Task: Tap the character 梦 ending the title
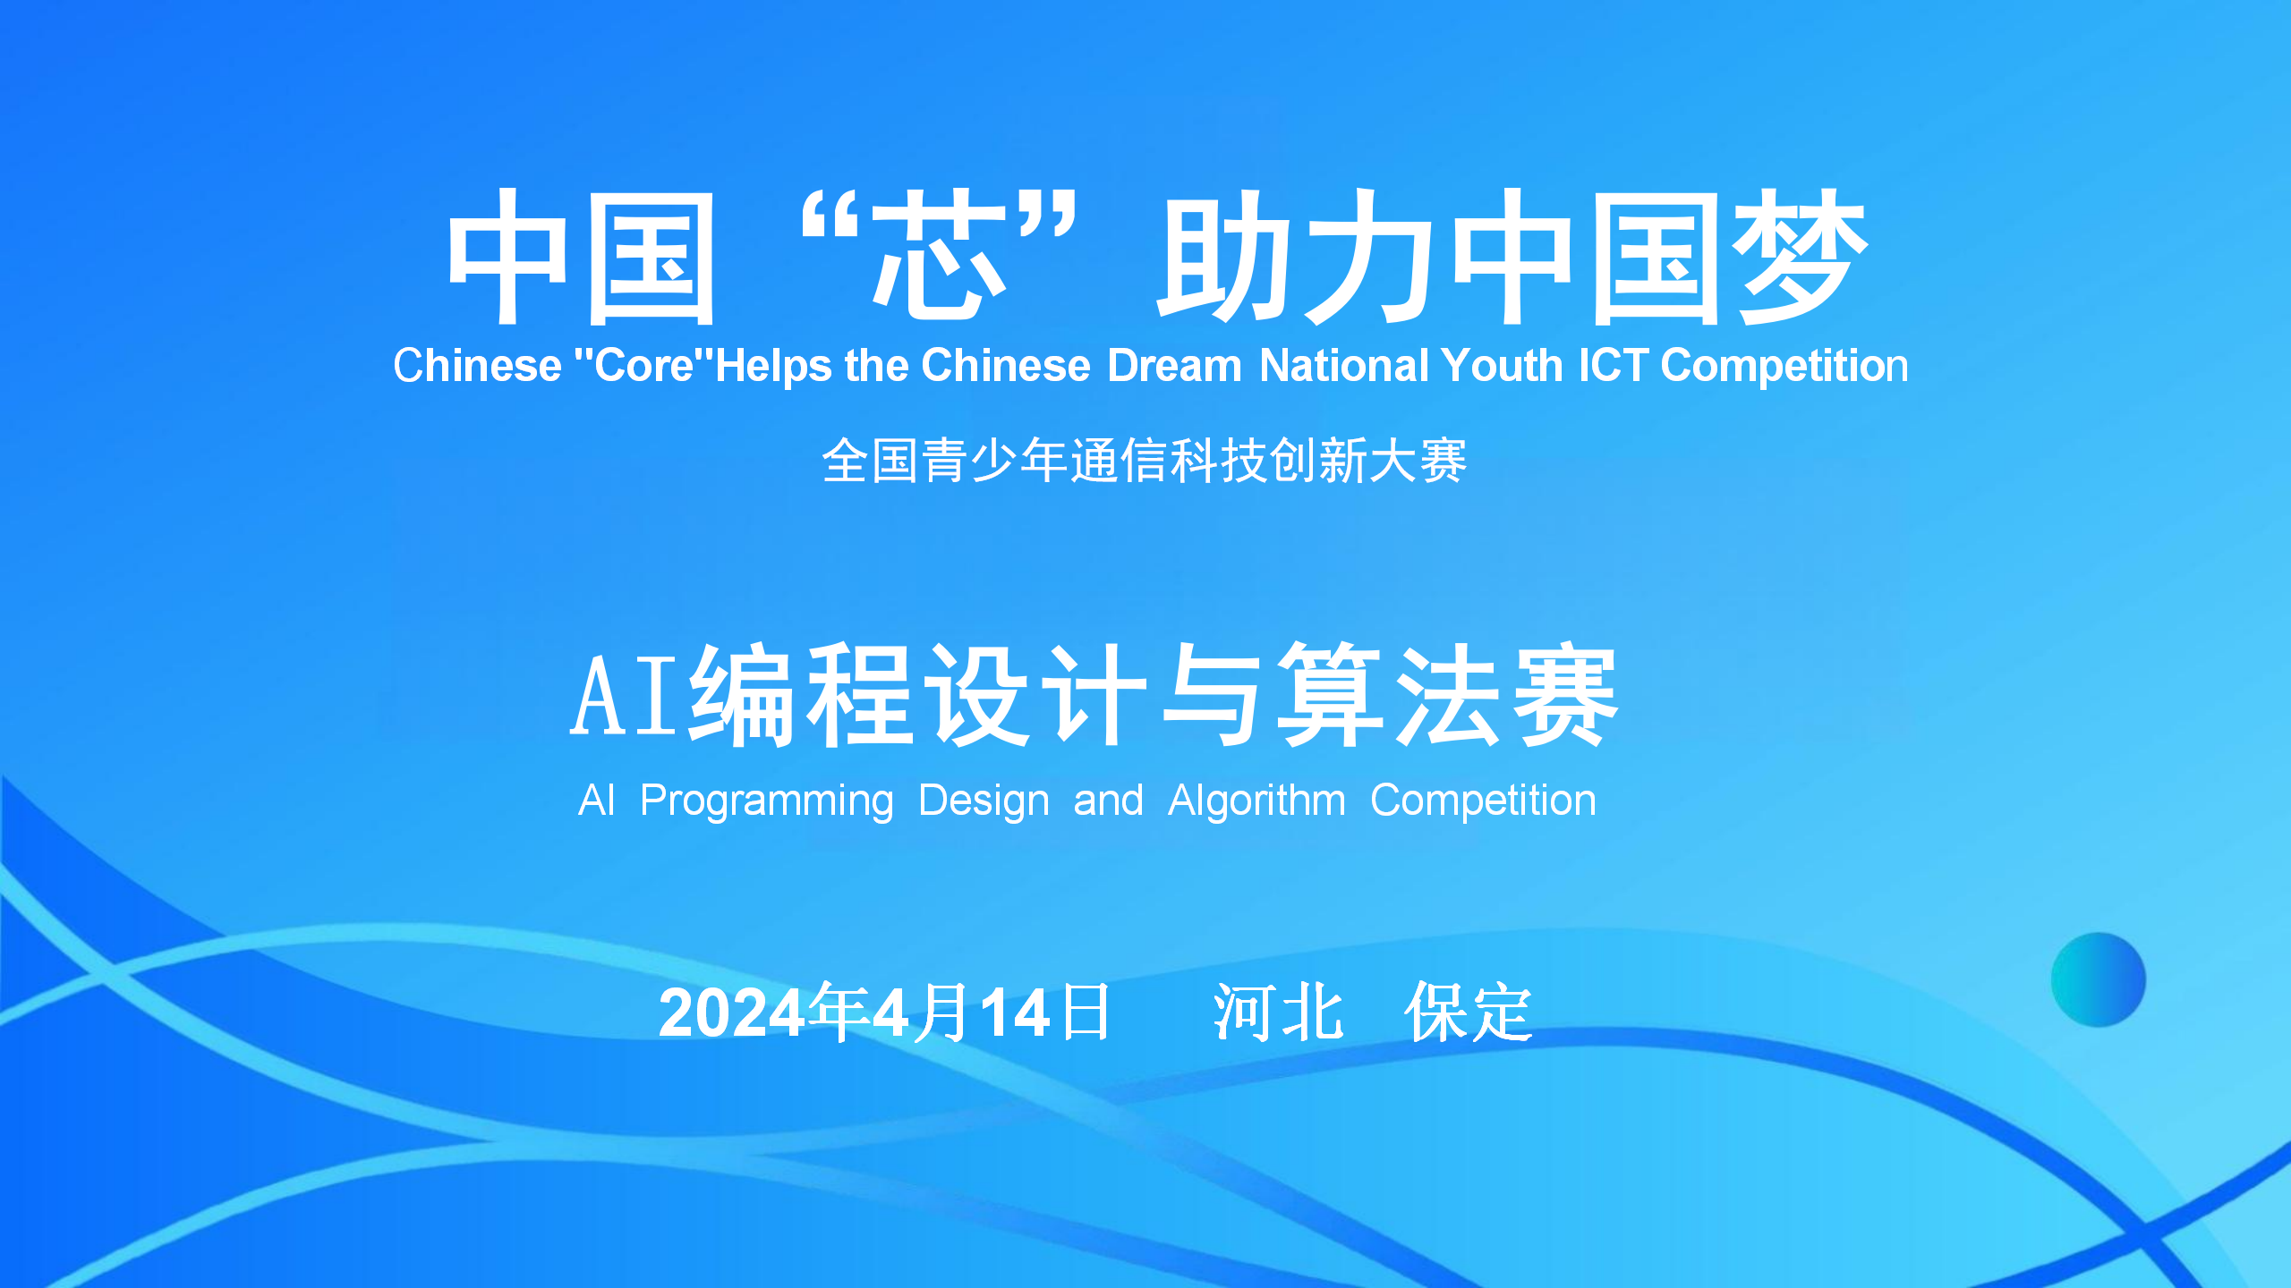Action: [1800, 257]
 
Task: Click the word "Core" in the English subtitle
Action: [644, 365]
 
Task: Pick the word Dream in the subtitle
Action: [1174, 365]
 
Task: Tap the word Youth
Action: [1503, 365]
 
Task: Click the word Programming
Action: [767, 801]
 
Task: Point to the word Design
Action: [984, 801]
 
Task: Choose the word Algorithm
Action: [1256, 801]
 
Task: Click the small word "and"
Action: [1108, 800]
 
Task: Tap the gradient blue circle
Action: [2099, 979]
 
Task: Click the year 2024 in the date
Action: [732, 1013]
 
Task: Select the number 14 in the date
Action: [1015, 1013]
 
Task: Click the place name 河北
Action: [1278, 1013]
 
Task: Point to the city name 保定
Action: [1469, 1013]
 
